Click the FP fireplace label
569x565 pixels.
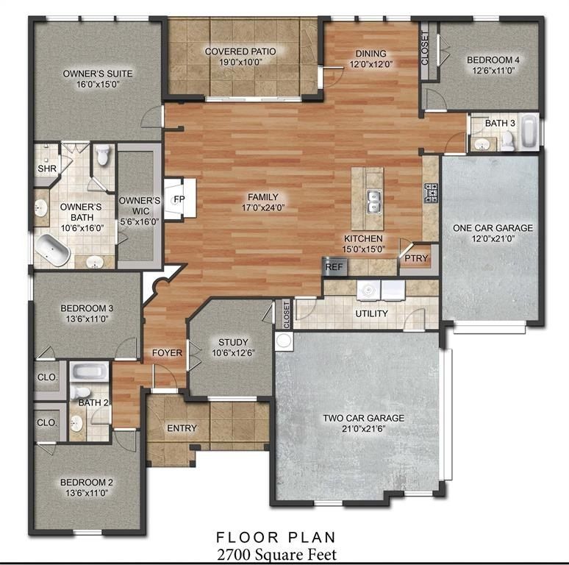tap(178, 199)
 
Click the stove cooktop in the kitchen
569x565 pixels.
tap(429, 193)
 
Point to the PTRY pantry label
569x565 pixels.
tap(410, 258)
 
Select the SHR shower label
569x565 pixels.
tap(46, 168)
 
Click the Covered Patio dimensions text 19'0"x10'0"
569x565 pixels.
tap(240, 63)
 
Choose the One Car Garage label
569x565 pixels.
tap(493, 228)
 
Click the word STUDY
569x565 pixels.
tap(232, 342)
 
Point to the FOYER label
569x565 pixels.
tap(167, 353)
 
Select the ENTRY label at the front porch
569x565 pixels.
tap(182, 428)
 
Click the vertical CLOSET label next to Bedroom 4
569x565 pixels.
tap(425, 49)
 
